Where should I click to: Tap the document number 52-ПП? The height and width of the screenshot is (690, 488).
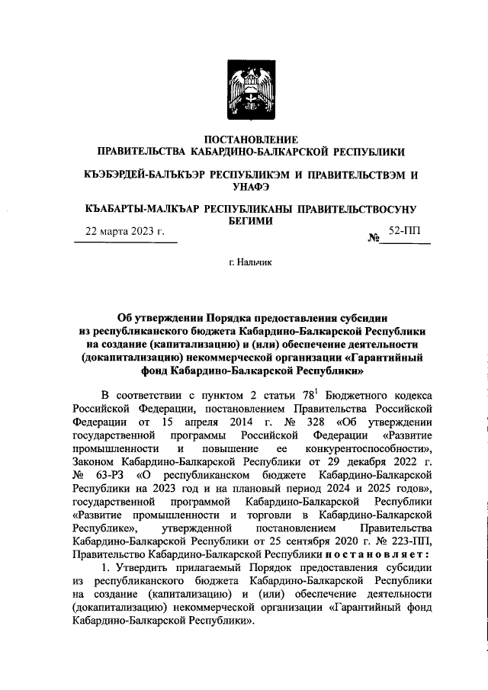tap(409, 230)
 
